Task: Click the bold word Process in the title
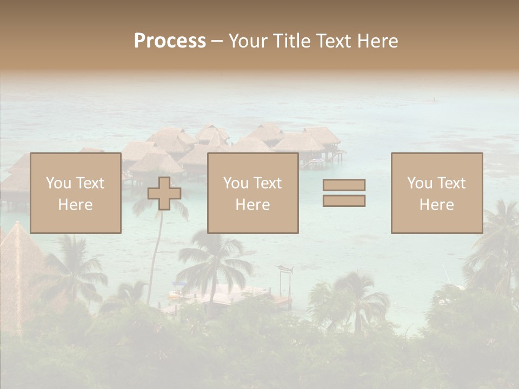click(170, 41)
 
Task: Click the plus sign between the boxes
click(164, 193)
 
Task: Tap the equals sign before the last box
click(344, 193)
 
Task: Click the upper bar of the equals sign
click(344, 185)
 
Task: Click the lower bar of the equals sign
click(344, 200)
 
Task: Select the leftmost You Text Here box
click(75, 193)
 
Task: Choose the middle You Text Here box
click(252, 193)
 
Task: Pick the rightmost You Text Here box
click(436, 193)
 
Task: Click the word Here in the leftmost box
click(75, 205)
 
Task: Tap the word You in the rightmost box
click(420, 183)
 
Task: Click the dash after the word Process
click(217, 41)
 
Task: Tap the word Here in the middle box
click(252, 205)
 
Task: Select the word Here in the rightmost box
click(436, 205)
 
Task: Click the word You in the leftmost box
click(58, 183)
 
